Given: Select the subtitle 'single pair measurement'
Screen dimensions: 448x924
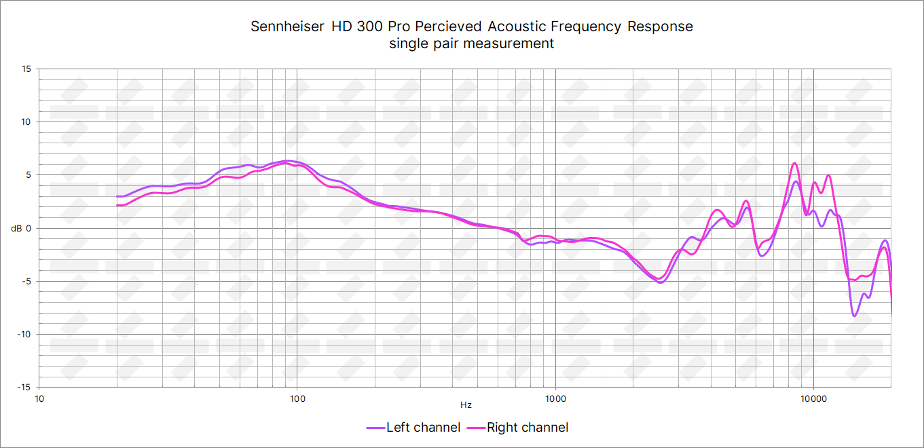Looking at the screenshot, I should tap(472, 43).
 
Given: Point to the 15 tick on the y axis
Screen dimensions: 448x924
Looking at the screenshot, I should tap(26, 69).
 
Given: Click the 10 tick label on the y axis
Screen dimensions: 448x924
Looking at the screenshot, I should tap(26, 122).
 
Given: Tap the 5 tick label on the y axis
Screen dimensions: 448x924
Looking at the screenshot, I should tap(29, 175).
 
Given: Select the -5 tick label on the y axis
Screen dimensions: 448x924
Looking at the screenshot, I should tap(27, 281).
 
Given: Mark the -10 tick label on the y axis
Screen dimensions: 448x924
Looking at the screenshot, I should tap(25, 334).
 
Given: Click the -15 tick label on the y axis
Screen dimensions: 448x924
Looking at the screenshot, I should tap(25, 387).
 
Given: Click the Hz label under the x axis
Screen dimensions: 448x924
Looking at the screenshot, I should tap(466, 405).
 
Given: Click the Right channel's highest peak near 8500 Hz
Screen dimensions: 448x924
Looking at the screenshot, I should tap(795, 164).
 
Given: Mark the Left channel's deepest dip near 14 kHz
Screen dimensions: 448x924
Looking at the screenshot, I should tap(854, 316).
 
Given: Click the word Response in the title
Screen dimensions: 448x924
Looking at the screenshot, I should tap(661, 26).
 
